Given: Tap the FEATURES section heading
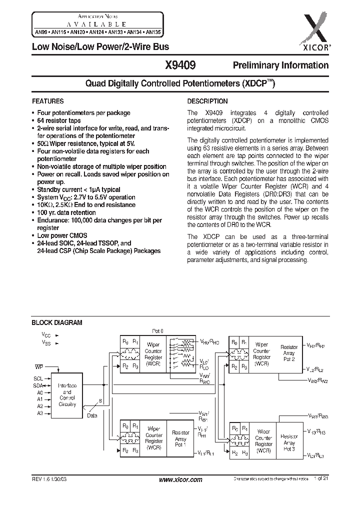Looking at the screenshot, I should [47, 101].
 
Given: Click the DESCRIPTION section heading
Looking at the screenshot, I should [207, 101].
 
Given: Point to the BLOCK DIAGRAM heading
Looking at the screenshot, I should [57, 323].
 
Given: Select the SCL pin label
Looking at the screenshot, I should [38, 378].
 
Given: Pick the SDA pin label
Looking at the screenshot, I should [38, 385].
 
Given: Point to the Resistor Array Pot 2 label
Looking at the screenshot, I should [289, 353].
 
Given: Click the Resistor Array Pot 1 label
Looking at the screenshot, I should [180, 438].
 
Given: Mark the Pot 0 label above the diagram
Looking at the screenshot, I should [157, 331].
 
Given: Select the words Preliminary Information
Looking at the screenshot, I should [280, 65].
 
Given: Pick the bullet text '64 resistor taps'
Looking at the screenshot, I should [59, 120].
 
